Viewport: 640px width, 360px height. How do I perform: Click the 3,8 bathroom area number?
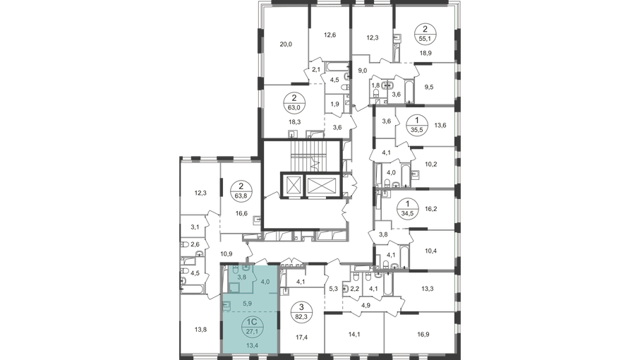tap(241, 277)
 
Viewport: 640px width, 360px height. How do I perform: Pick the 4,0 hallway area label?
tap(265, 282)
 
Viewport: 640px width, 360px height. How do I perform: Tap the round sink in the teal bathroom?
tap(245, 268)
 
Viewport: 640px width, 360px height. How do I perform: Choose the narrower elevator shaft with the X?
tap(292, 185)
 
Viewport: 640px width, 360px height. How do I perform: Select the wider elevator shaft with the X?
tap(321, 185)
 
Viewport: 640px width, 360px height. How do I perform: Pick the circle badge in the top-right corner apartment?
tap(427, 31)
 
